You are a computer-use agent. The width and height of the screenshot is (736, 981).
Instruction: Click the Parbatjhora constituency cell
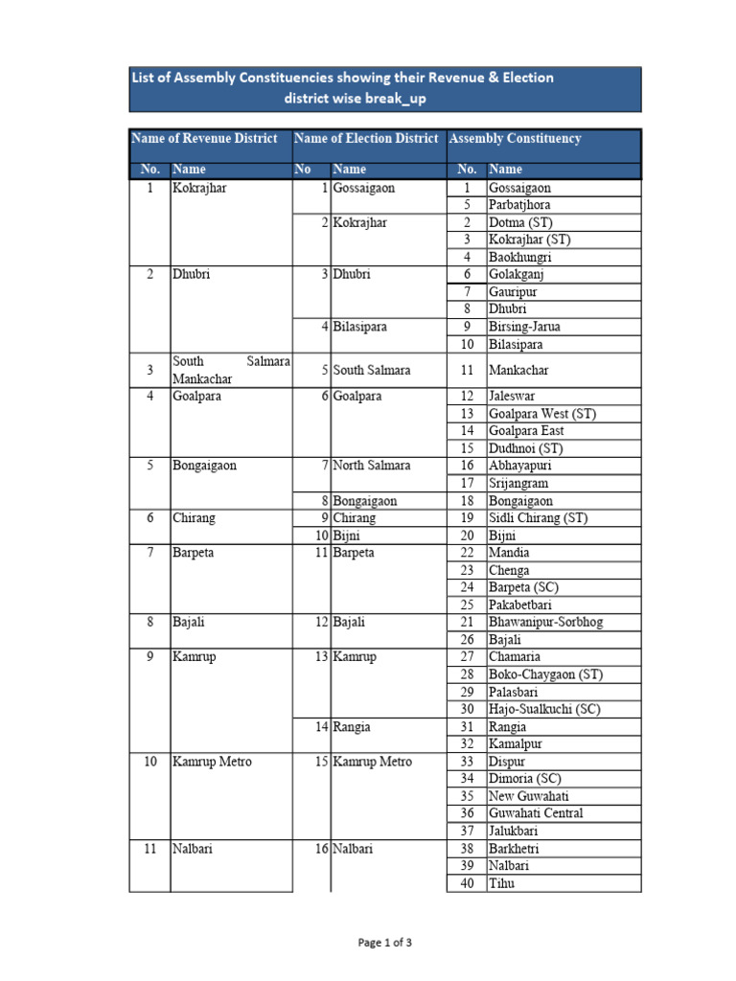(519, 205)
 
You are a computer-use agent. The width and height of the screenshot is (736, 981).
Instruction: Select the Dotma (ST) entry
(520, 222)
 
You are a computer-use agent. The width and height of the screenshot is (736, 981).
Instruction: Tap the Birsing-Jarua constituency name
(524, 327)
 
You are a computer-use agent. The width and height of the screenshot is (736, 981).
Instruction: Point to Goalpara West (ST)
(541, 414)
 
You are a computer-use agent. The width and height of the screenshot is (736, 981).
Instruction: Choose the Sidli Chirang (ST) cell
(538, 518)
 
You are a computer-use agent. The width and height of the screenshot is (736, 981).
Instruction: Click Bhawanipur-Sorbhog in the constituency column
(545, 623)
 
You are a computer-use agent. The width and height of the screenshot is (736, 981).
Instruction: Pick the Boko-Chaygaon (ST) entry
(545, 674)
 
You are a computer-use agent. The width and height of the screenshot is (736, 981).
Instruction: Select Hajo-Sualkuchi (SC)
(544, 709)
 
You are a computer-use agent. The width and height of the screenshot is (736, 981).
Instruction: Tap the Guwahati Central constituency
(535, 813)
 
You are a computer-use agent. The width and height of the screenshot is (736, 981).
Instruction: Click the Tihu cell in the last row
(501, 883)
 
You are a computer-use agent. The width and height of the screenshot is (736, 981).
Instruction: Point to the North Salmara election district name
(372, 466)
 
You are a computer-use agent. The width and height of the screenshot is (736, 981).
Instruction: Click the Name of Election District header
(366, 139)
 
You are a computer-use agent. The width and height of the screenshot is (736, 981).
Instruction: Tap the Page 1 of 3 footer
(384, 943)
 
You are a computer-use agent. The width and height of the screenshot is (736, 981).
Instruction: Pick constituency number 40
(467, 883)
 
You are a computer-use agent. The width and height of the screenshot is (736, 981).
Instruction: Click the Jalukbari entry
(516, 831)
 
